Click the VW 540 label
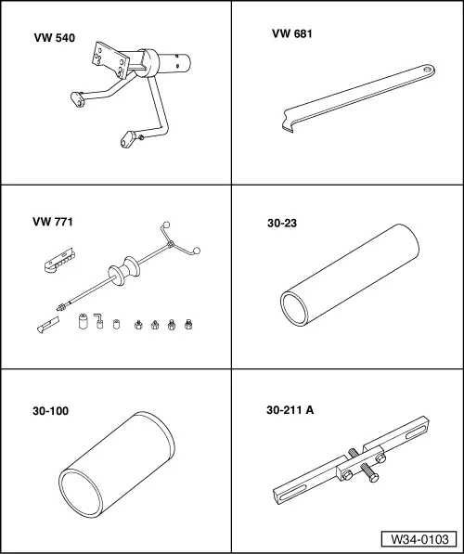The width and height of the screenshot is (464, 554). coord(55,38)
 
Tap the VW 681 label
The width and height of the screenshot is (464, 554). coord(292,33)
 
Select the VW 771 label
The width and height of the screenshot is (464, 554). coord(53,222)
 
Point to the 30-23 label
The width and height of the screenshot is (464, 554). coord(282,223)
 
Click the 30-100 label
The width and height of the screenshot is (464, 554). coord(50,411)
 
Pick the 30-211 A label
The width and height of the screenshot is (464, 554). coord(290,410)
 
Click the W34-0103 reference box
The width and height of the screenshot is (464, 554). coord(419,539)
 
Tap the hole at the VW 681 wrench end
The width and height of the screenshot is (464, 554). coord(428,69)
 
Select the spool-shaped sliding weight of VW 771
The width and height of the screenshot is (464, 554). coord(124,271)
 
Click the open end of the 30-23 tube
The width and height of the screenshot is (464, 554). coord(294,308)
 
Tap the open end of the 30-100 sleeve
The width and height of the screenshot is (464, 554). coord(81,493)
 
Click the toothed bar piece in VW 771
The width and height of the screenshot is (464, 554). coord(59,260)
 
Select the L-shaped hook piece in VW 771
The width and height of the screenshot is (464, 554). coord(98,320)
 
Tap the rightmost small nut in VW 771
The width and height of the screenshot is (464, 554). coord(188,324)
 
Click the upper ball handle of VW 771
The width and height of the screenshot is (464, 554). coord(166,225)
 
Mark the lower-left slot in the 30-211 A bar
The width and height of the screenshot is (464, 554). coord(293,493)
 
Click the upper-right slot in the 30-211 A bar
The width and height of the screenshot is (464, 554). coord(416,432)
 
